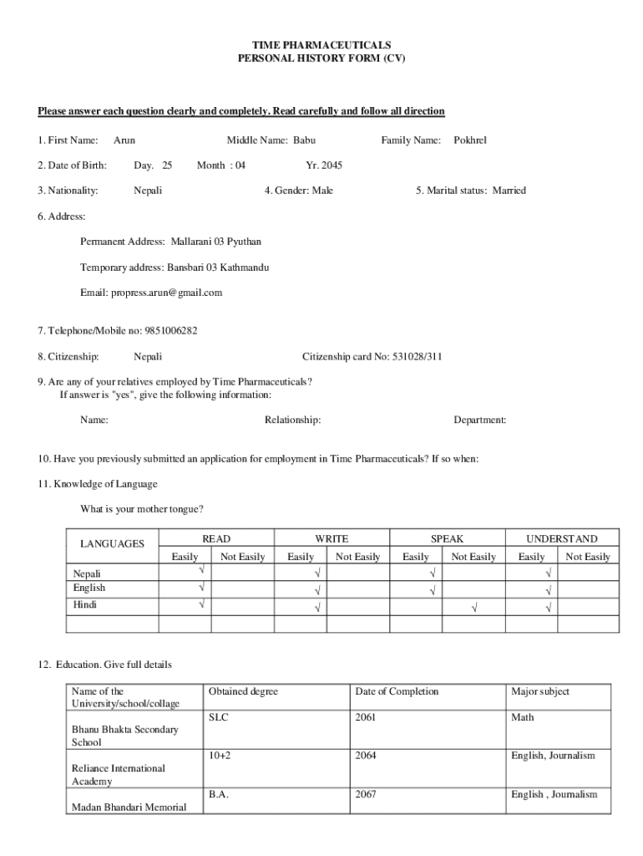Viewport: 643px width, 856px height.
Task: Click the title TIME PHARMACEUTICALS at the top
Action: point(321,45)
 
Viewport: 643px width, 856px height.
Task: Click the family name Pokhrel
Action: point(469,140)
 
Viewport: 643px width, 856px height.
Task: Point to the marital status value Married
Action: point(509,191)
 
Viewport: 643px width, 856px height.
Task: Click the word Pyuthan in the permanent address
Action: point(244,242)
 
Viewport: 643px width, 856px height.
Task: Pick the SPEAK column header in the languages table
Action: point(447,539)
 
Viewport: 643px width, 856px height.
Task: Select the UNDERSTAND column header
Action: point(561,539)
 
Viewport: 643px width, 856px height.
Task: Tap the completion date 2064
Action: point(366,756)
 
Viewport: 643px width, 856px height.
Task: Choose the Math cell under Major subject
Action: point(523,717)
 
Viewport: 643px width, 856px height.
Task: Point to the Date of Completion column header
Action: point(397,691)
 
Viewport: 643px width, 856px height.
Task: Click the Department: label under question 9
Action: point(479,420)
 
